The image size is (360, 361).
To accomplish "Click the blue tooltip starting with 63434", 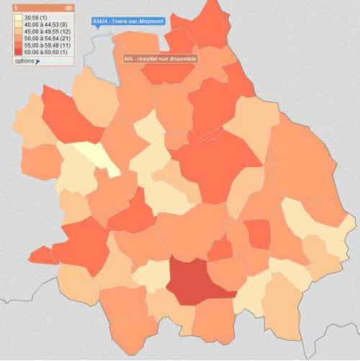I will pos(128,22).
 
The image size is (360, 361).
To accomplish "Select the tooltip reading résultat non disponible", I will pos(159,58).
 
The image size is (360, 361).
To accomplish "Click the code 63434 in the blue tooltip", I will pos(100,22).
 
